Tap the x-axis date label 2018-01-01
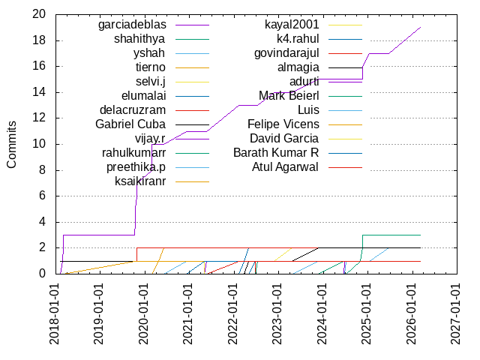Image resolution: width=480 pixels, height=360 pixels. click(55, 314)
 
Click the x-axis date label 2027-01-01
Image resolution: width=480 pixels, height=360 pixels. click(455, 314)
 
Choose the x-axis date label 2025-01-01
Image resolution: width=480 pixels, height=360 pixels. click(366, 314)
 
